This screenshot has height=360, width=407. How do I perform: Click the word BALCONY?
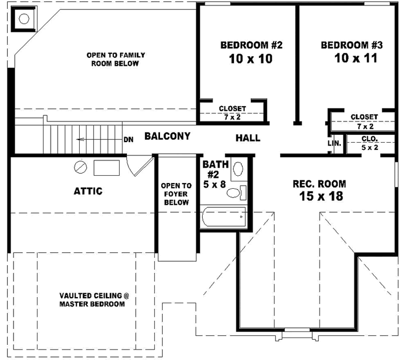pos(167,136)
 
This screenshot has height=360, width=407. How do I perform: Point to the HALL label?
pos(248,138)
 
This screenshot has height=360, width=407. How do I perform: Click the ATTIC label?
pos(88,191)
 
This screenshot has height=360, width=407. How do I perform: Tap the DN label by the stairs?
pos(128,140)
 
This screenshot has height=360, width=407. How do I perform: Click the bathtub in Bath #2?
pos(223,216)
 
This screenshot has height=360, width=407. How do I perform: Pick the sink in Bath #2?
pos(237,169)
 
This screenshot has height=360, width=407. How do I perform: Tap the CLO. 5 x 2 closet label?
pos(369,143)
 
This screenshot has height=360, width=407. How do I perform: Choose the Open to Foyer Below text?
pos(176,194)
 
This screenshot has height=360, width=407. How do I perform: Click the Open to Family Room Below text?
pos(116,60)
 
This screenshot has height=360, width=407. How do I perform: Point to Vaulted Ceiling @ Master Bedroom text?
pos(92,299)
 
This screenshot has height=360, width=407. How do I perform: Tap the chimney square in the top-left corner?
pos(24,19)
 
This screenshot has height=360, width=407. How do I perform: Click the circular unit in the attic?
pos(80,167)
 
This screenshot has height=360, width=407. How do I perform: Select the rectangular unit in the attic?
pos(107,167)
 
